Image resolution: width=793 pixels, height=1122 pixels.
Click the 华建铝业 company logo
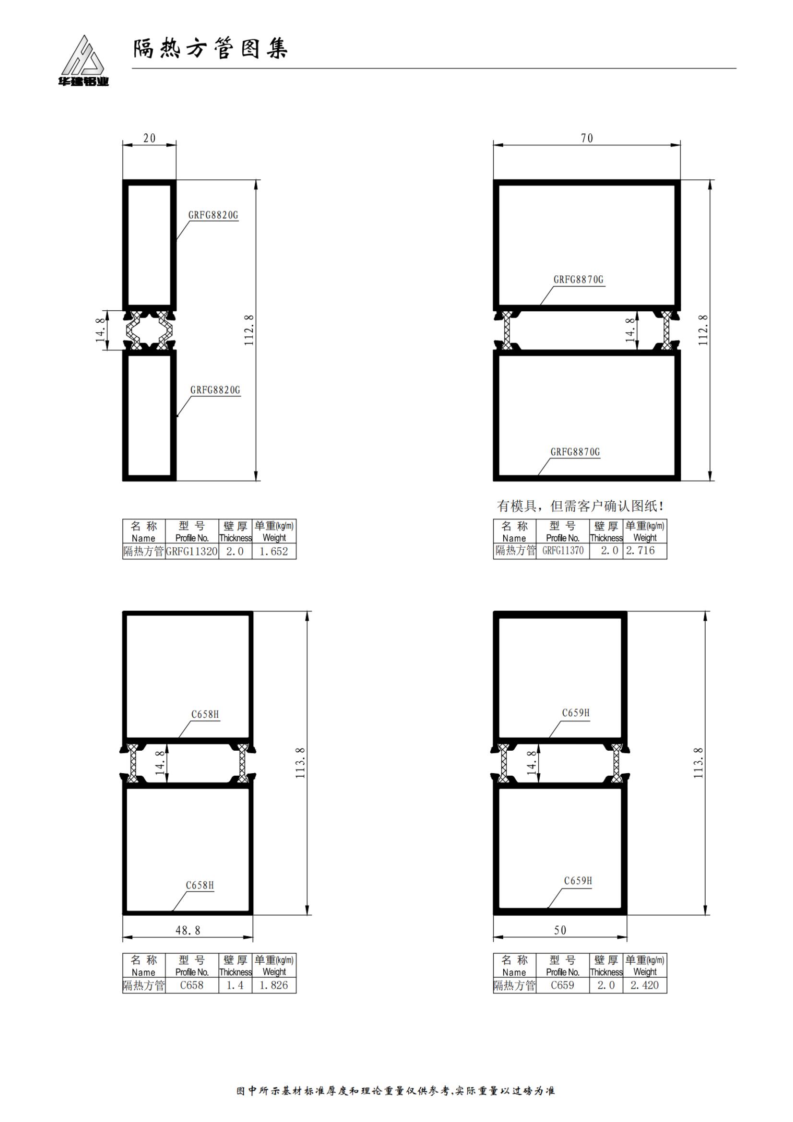[83, 60]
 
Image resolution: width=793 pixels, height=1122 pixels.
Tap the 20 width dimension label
[150, 138]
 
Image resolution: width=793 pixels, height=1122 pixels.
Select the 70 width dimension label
[587, 138]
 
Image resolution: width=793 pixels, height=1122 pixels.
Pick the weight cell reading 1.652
[274, 552]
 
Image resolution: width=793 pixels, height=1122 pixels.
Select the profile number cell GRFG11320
[191, 552]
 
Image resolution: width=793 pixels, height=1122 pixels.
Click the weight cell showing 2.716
[644, 551]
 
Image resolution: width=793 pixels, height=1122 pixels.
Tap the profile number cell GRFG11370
[562, 551]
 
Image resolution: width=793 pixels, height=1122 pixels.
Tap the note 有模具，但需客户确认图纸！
[580, 506]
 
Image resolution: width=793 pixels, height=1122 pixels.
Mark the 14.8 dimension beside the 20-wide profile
[100, 331]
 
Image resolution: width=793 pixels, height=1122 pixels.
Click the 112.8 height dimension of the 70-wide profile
[703, 331]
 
